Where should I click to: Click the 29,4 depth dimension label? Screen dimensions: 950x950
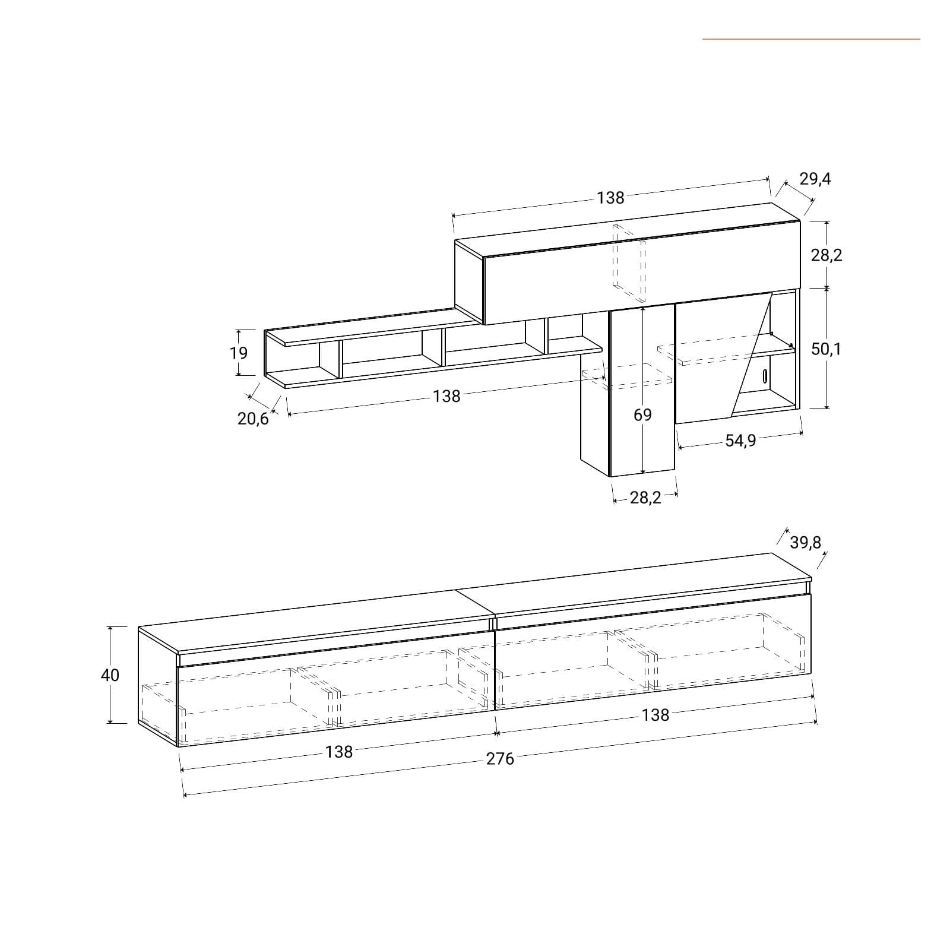[x=815, y=179]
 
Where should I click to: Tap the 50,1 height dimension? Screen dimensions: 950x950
[x=826, y=349]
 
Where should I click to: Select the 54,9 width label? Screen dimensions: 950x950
[x=740, y=441]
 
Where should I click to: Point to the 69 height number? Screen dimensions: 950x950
[x=642, y=414]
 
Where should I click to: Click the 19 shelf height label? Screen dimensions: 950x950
[x=239, y=353]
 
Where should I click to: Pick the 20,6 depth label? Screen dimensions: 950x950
[x=253, y=419]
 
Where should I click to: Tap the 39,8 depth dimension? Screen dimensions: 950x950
[x=806, y=542]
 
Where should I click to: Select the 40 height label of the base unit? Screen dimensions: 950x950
[x=110, y=675]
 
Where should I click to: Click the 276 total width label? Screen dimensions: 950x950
[x=500, y=759]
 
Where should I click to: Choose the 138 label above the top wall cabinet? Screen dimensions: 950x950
[x=611, y=198]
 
